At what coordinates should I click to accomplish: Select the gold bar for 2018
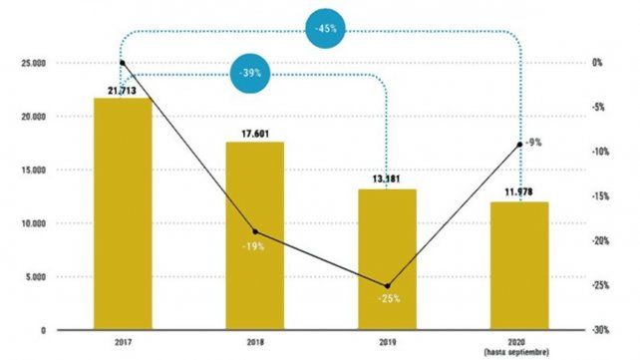[254, 235]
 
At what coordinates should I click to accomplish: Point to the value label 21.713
[122, 90]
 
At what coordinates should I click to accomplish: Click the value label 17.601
[254, 134]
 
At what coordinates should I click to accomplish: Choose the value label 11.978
[519, 192]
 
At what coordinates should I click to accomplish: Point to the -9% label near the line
[533, 143]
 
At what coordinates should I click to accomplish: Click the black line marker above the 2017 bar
[122, 63]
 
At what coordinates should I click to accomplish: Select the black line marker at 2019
[387, 285]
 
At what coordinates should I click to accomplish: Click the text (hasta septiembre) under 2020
[519, 351]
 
